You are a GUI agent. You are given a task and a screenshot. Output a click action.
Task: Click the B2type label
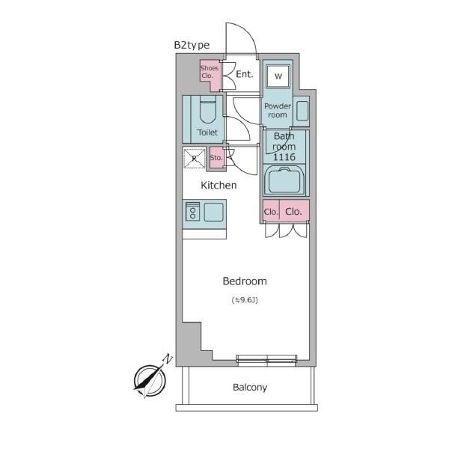[x=192, y=45]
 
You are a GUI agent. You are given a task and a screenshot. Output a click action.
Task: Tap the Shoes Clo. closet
[x=210, y=75]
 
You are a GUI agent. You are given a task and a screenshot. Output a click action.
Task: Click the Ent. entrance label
[x=245, y=74]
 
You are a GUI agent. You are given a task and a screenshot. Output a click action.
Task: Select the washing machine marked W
[x=278, y=76]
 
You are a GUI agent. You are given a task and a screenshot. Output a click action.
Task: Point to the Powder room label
[x=277, y=111]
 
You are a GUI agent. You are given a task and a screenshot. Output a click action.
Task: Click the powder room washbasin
[x=302, y=111]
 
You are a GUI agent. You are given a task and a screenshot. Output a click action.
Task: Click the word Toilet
[x=207, y=132]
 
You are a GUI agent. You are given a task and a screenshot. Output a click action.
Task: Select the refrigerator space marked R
[x=195, y=158]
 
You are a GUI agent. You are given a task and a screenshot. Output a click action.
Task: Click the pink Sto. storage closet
[x=216, y=157]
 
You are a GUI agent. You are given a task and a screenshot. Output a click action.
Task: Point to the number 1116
[x=284, y=157]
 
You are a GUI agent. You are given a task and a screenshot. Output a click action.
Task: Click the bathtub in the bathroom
[x=284, y=180]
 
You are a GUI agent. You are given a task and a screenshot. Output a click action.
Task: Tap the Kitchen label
[x=219, y=186]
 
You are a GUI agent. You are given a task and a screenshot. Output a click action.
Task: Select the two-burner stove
[x=193, y=211]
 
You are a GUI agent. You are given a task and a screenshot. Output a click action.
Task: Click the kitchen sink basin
[x=213, y=212]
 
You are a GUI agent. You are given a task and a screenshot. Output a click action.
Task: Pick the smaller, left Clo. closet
[x=271, y=211]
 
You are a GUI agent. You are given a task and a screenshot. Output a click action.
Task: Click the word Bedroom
[x=245, y=281]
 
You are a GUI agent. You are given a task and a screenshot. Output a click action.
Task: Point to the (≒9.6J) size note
[x=245, y=300]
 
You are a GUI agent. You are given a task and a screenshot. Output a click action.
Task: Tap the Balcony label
[x=250, y=388]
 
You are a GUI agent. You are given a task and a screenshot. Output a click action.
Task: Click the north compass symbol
[x=150, y=379]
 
